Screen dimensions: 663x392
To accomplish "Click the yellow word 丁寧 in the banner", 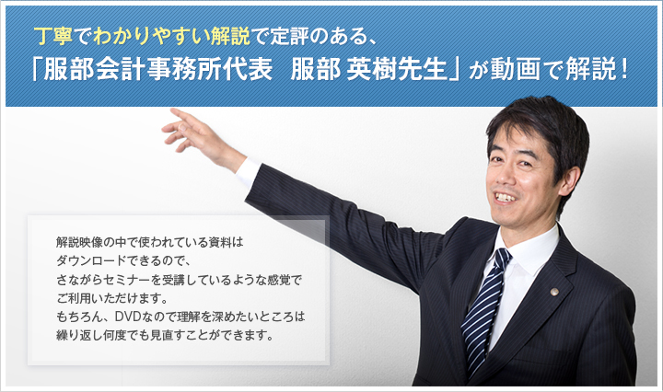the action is [54, 37].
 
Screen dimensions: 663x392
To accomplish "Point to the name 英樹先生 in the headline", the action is [397, 69].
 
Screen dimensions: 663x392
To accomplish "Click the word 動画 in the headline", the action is [515, 69].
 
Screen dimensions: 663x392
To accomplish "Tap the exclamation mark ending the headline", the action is [624, 69].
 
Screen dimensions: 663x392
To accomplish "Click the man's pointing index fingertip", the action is [172, 110].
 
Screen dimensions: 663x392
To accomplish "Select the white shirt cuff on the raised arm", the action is [248, 171].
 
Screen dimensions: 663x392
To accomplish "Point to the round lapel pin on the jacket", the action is [554, 292].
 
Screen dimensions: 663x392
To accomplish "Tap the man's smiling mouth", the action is [506, 197].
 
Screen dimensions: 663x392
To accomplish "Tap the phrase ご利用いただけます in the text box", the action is [109, 298].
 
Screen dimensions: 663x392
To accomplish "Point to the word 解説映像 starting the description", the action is [79, 242].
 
